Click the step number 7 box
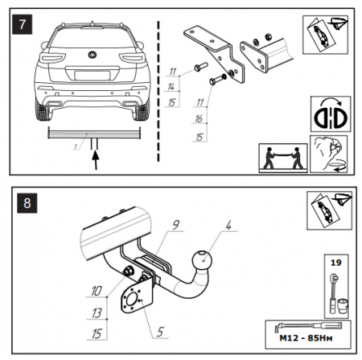[x=23, y=25]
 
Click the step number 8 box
[x=27, y=203]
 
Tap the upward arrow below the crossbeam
[x=96, y=160]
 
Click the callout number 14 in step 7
[x=171, y=86]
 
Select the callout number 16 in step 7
[x=199, y=118]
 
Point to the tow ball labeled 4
[x=202, y=260]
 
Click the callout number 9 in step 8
[x=176, y=225]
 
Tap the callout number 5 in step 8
[x=160, y=332]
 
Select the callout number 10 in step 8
[x=97, y=291]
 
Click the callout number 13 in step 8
[x=97, y=313]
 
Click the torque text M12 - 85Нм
[x=306, y=338]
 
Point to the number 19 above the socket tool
[x=336, y=263]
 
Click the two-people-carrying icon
[x=283, y=158]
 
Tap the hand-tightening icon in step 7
[x=329, y=154]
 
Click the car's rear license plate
[x=93, y=76]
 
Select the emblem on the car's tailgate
[x=93, y=55]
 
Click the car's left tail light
[x=52, y=58]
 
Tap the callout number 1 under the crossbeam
[x=76, y=147]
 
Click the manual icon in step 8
[x=329, y=211]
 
